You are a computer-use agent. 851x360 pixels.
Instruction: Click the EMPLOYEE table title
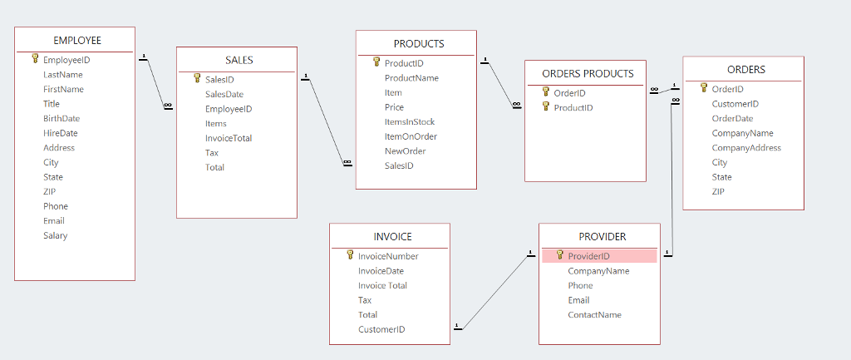tap(77, 41)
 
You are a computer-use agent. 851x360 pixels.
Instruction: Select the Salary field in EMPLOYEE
tap(56, 235)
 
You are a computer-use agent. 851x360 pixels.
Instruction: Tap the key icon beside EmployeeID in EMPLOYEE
tap(35, 59)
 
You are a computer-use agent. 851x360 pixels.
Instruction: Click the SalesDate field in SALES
tap(224, 95)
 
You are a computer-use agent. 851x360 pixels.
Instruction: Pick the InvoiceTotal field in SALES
tap(229, 139)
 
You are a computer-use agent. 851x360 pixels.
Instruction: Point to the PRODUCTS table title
tap(419, 44)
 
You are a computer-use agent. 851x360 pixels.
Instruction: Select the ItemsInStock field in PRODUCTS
tap(410, 122)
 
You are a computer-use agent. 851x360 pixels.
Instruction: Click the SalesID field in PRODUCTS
tap(399, 166)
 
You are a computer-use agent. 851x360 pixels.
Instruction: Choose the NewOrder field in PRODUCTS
tap(406, 151)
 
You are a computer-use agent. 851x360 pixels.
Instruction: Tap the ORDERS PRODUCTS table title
tap(588, 74)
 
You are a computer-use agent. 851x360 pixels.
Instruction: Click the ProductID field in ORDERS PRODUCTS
tap(573, 108)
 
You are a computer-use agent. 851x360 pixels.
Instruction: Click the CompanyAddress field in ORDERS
tap(747, 148)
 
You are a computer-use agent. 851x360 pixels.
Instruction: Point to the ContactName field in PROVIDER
tap(595, 315)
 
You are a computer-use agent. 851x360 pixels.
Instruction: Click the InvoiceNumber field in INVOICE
tap(388, 256)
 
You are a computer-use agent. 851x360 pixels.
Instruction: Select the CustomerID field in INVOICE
tap(381, 329)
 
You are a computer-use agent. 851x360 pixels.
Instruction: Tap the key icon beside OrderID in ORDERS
tap(704, 88)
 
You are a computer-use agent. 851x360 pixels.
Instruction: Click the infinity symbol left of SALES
tap(168, 106)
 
